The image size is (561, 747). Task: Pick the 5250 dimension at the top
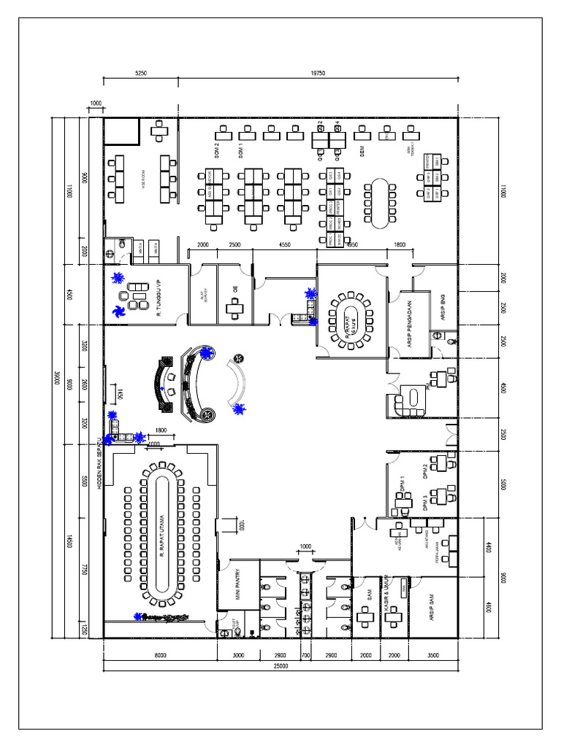tap(141, 73)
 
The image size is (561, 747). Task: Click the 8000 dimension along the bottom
tap(160, 656)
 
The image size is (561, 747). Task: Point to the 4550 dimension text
tap(285, 245)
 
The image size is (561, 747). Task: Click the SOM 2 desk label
tap(217, 151)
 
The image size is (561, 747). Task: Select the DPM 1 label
tap(402, 484)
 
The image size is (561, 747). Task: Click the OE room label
tap(235, 287)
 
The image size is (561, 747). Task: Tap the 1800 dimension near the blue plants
tap(161, 430)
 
